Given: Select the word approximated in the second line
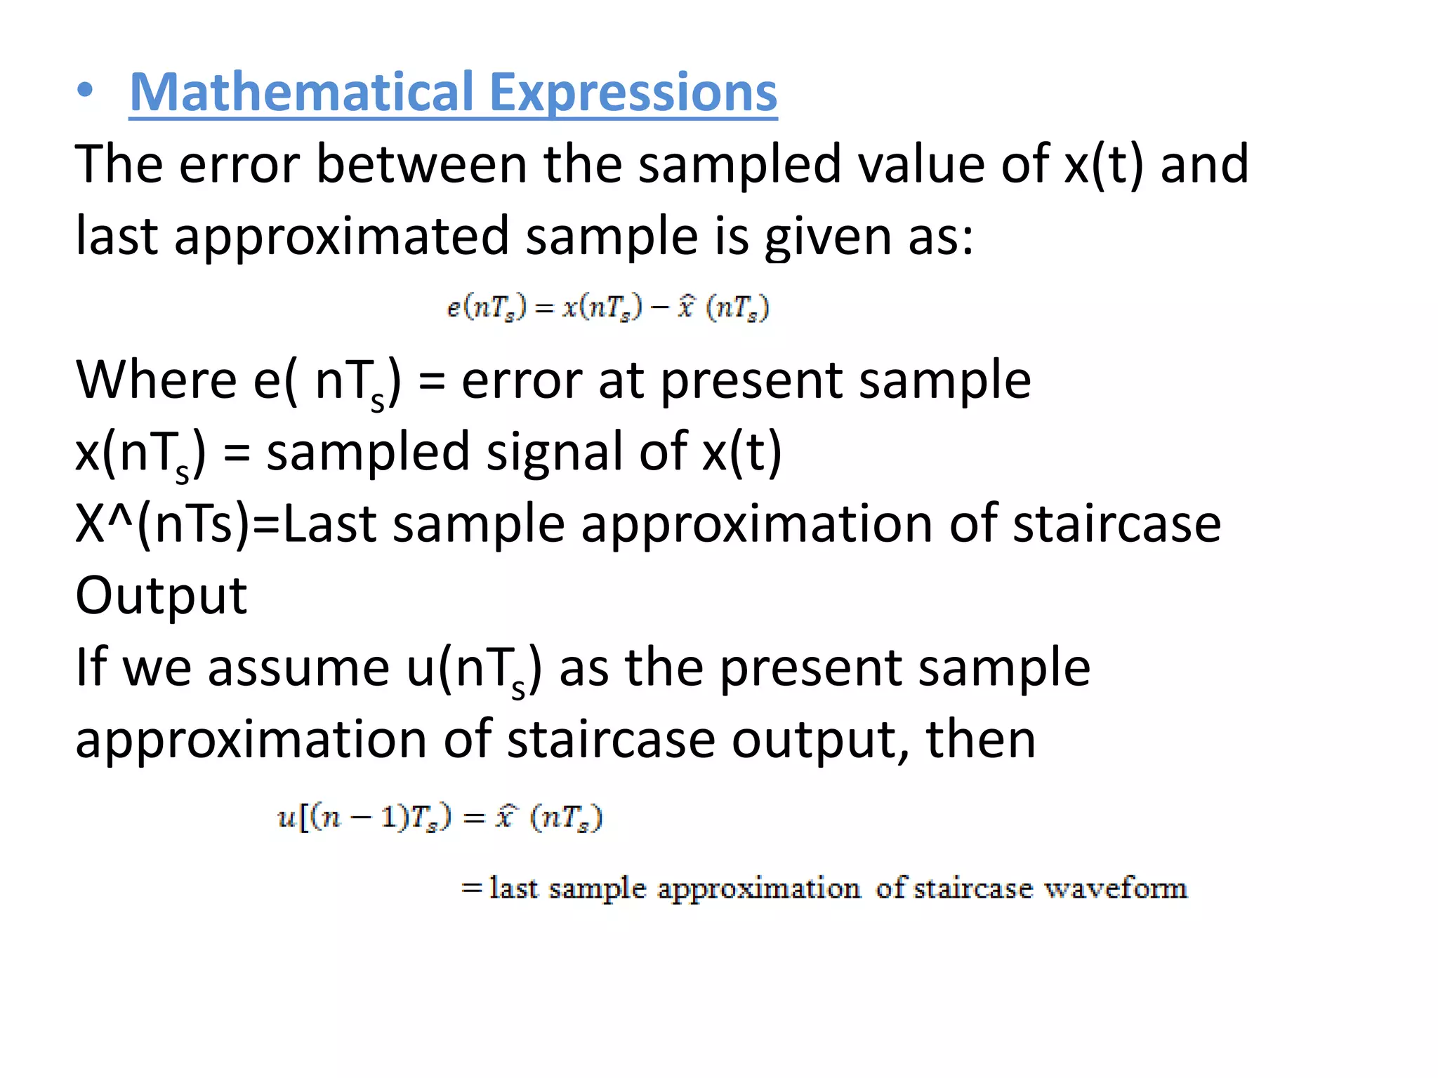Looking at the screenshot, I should (x=341, y=237).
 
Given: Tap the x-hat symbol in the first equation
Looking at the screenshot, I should (x=686, y=307).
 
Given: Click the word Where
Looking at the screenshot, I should (x=156, y=380).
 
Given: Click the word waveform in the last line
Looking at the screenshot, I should (x=1116, y=889).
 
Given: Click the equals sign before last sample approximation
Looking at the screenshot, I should (x=471, y=889).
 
